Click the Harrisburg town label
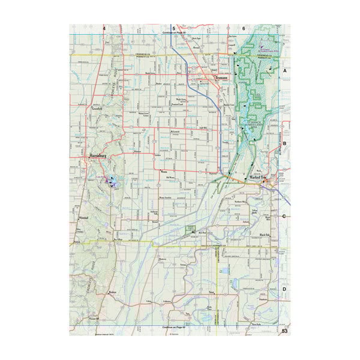[97, 155]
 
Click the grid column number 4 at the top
[104, 28]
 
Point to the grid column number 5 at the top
[174, 28]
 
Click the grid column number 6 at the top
[244, 28]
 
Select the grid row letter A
[286, 70]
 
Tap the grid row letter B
[286, 143]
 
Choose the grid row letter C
[286, 216]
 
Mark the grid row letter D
[286, 289]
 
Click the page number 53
[285, 331]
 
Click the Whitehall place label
[84, 217]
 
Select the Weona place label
[164, 171]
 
